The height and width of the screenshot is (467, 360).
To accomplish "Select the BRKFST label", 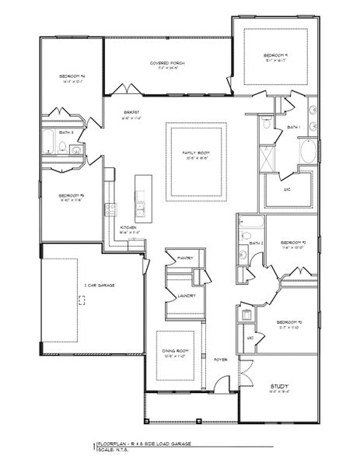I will (130, 114).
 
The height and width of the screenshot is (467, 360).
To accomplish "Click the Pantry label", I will (184, 256).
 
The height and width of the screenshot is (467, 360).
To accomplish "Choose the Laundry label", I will (186, 296).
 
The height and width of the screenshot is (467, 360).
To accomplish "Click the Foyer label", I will (221, 359).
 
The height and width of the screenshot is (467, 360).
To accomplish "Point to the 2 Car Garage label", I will (78, 286).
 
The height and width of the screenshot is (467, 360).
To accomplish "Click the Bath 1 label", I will (294, 127).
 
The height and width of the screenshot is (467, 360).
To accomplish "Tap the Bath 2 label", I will (254, 244).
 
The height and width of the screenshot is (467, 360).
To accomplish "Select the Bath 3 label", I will (65, 133).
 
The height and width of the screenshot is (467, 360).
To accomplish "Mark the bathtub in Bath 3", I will (49, 143).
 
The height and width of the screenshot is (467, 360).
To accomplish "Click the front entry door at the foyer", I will (222, 384).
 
